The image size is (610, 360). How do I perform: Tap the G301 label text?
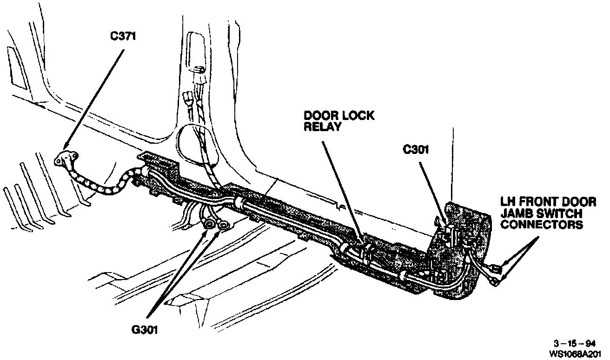(144, 331)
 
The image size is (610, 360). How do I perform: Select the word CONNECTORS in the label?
(542, 225)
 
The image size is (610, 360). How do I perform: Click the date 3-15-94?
(577, 344)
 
